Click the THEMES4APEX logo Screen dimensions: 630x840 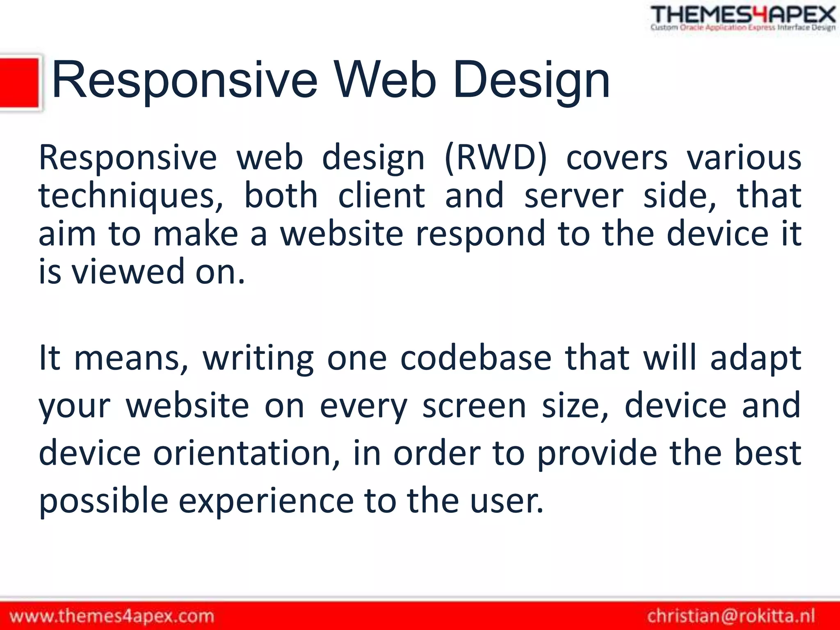coord(743,18)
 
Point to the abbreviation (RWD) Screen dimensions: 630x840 coord(496,158)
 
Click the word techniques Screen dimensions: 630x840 coord(131,196)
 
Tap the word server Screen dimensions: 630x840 coord(574,196)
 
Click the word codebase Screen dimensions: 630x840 coord(476,358)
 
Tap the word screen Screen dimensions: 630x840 coord(474,406)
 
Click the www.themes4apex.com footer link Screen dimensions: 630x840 coord(112,616)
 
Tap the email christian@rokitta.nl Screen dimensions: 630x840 coord(731,616)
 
